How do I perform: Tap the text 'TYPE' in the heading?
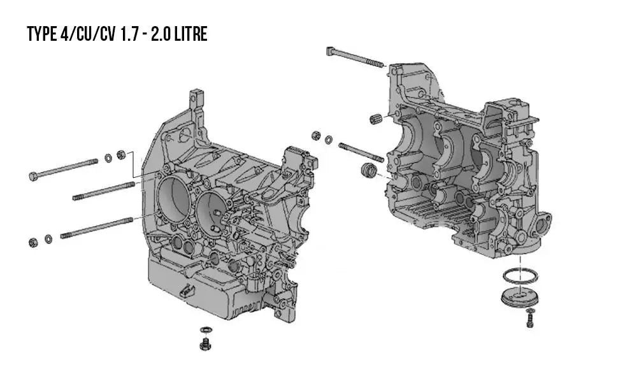[42, 34]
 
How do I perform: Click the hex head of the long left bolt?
[33, 176]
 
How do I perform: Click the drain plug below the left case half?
[205, 345]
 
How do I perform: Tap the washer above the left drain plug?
[204, 330]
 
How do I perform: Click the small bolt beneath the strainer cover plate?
[530, 318]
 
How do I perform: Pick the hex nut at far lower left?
[34, 241]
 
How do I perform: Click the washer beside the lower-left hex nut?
[48, 240]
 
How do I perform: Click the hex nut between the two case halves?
[316, 136]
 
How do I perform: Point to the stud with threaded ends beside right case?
[361, 152]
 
